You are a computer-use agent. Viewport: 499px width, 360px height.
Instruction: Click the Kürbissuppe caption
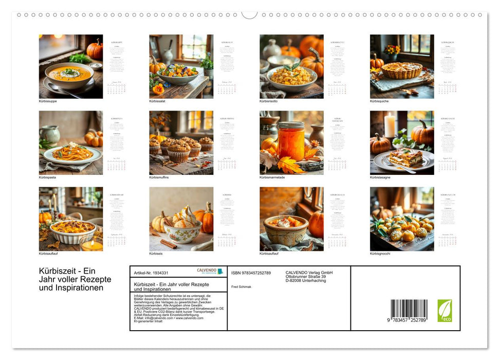[48, 101]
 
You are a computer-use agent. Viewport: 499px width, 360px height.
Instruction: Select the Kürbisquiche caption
[379, 101]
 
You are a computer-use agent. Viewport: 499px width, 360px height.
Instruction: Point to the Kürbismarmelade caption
[271, 177]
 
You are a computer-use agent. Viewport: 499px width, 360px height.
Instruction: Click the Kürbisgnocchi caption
[380, 254]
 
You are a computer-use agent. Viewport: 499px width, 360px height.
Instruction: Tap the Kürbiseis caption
[156, 254]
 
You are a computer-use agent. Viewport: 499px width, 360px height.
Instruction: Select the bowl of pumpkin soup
[69, 75]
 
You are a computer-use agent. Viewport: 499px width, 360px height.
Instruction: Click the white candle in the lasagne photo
[389, 125]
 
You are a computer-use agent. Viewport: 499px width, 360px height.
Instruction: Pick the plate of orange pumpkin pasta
[72, 153]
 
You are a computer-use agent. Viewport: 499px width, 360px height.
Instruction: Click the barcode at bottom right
[409, 310]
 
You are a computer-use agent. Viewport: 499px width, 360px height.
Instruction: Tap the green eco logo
[445, 311]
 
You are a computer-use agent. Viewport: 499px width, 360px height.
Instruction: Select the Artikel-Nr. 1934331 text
[151, 273]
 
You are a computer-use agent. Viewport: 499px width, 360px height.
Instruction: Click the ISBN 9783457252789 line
[251, 273]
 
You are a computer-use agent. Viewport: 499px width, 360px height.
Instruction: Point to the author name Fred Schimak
[241, 286]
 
